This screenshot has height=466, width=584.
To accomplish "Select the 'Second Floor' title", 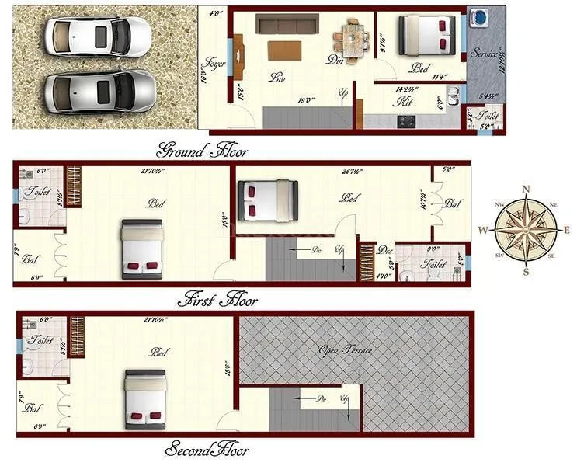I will point(207,450).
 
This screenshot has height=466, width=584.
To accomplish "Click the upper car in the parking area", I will point(97,36).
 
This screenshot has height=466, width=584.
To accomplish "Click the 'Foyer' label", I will point(214,64).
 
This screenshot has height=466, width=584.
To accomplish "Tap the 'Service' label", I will point(485,54).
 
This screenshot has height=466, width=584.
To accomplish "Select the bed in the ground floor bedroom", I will point(425,36).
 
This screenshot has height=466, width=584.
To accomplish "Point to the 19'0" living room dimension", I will point(304,99).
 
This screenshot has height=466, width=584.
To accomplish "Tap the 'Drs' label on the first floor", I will point(384,250).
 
